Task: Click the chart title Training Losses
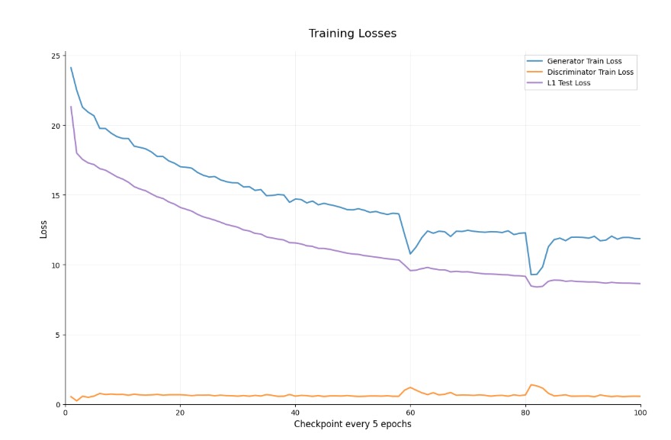click(352, 34)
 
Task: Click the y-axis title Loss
click(43, 229)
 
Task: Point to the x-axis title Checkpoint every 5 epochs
click(352, 424)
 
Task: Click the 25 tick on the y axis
click(55, 56)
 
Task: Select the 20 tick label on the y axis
click(55, 126)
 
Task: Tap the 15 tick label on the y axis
click(55, 195)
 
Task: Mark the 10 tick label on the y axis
click(55, 265)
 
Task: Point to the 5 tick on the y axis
click(57, 335)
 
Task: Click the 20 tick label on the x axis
click(180, 413)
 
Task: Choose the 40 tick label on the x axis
click(295, 413)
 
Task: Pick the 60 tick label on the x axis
click(410, 413)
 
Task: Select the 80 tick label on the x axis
click(525, 413)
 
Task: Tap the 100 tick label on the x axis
click(640, 413)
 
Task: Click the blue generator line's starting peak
click(71, 67)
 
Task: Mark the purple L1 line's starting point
click(71, 107)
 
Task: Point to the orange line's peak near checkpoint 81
click(531, 385)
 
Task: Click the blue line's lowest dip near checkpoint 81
click(531, 275)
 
